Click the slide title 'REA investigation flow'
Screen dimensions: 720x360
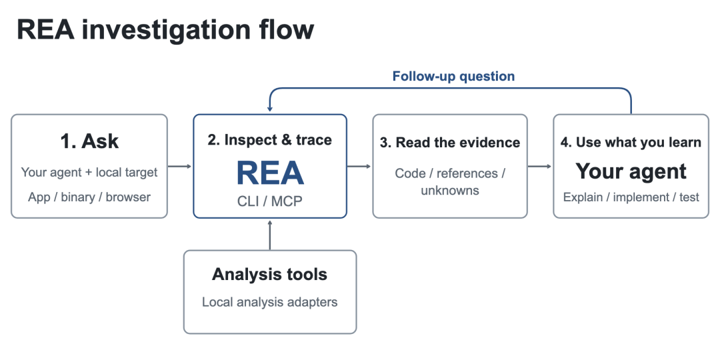165,31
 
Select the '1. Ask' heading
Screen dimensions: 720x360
89,141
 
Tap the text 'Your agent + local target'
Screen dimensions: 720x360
89,173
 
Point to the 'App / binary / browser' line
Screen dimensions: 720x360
89,197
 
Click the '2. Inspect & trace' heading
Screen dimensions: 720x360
269,140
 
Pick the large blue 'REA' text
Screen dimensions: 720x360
270,173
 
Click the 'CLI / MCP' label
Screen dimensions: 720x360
270,201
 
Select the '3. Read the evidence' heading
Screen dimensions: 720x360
450,143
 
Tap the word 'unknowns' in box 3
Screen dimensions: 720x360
450,190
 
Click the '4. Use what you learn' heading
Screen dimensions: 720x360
631,142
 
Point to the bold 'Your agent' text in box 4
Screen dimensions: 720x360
631,171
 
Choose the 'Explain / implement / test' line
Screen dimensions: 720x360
631,197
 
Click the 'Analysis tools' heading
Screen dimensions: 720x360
269,274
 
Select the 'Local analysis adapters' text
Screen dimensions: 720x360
269,302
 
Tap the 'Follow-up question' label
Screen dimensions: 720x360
453,76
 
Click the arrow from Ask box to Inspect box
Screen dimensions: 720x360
179,166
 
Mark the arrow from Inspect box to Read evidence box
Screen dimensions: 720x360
359,166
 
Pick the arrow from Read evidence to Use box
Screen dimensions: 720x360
540,166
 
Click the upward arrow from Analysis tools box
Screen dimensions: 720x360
270,235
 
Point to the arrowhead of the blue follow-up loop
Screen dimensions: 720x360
270,109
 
